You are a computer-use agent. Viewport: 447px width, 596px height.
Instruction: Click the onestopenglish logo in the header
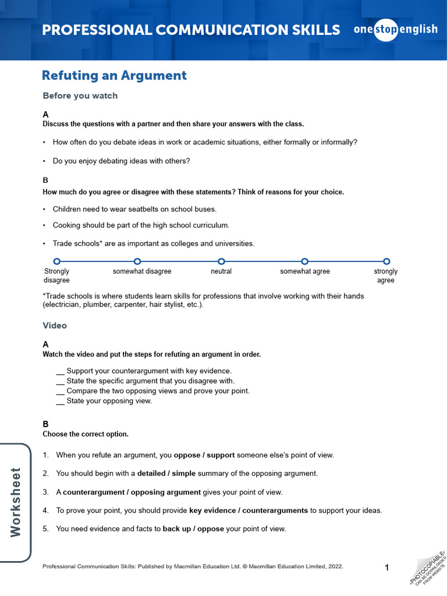395,30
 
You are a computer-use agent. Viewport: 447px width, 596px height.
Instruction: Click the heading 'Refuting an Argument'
114,76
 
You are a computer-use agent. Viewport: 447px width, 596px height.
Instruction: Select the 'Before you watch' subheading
80,96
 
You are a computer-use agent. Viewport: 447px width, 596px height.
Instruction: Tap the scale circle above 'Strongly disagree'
56,262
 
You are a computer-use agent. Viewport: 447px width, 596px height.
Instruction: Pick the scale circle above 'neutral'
221,262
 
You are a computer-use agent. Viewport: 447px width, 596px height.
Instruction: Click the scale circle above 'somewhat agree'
304,262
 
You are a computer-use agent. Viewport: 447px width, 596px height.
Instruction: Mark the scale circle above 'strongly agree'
386,262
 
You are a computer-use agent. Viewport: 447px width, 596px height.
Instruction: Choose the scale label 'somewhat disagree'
142,272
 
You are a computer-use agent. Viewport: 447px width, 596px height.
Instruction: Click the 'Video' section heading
55,326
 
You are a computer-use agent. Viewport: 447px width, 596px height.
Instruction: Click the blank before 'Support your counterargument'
60,371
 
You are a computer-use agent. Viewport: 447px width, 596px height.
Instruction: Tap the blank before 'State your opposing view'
60,401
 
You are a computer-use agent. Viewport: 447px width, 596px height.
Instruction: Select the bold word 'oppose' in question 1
187,455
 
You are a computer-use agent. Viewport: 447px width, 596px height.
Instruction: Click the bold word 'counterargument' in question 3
94,492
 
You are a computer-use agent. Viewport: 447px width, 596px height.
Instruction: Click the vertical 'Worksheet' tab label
16,502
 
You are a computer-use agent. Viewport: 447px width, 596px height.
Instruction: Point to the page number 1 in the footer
386,567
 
